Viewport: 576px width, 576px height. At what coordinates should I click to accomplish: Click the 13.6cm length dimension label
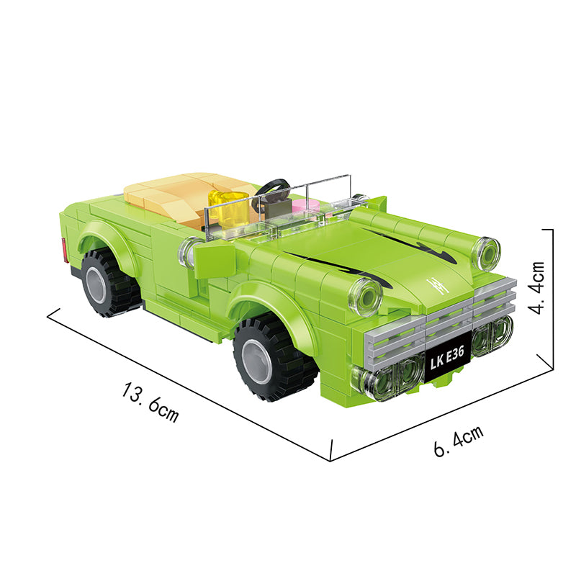(x=150, y=402)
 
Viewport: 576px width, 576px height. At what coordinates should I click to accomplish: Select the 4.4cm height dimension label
(x=536, y=288)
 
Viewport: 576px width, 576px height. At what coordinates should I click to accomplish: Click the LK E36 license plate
(x=447, y=358)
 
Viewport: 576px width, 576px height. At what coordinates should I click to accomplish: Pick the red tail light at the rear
(x=66, y=251)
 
